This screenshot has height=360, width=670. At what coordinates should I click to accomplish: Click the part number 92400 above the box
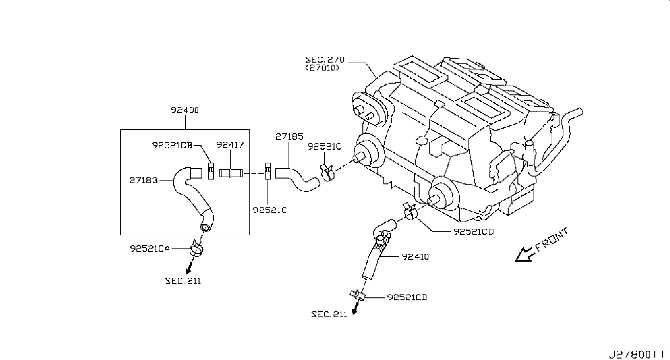pyautogui.click(x=184, y=110)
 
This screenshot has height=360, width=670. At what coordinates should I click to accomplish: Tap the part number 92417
pyautogui.click(x=230, y=145)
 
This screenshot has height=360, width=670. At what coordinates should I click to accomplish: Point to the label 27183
pyautogui.click(x=144, y=180)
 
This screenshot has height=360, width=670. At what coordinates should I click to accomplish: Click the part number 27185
pyautogui.click(x=289, y=137)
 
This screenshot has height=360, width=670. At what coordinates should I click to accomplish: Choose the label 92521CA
pyautogui.click(x=150, y=248)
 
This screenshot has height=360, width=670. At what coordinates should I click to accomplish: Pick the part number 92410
pyautogui.click(x=416, y=257)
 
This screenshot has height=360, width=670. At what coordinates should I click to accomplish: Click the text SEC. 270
pyautogui.click(x=325, y=60)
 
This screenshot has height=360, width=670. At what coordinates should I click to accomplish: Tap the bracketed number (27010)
pyautogui.click(x=322, y=68)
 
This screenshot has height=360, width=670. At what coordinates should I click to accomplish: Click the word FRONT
pyautogui.click(x=552, y=240)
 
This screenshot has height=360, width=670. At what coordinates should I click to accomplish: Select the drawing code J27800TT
pyautogui.click(x=638, y=355)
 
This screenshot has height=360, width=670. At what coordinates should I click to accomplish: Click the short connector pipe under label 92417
pyautogui.click(x=231, y=173)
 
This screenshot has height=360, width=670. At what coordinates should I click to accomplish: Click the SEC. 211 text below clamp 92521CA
pyautogui.click(x=183, y=281)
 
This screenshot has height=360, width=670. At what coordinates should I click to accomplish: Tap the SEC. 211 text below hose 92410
pyautogui.click(x=329, y=314)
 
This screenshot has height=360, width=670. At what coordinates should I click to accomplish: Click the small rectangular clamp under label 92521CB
pyautogui.click(x=211, y=171)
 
